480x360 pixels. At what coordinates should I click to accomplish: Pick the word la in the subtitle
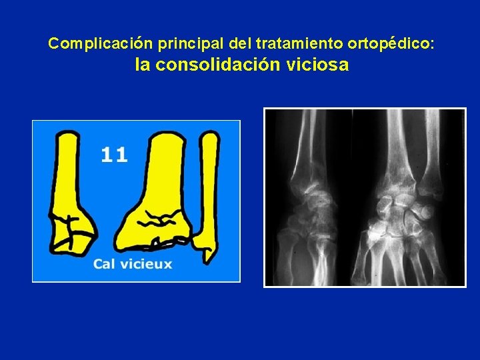point(142,65)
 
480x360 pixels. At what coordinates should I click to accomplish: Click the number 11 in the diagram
point(114,155)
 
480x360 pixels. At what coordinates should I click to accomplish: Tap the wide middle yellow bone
point(160,193)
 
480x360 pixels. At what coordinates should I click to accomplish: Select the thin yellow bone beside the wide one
point(209,187)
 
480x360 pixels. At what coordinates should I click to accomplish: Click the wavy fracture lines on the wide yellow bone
point(160,217)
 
